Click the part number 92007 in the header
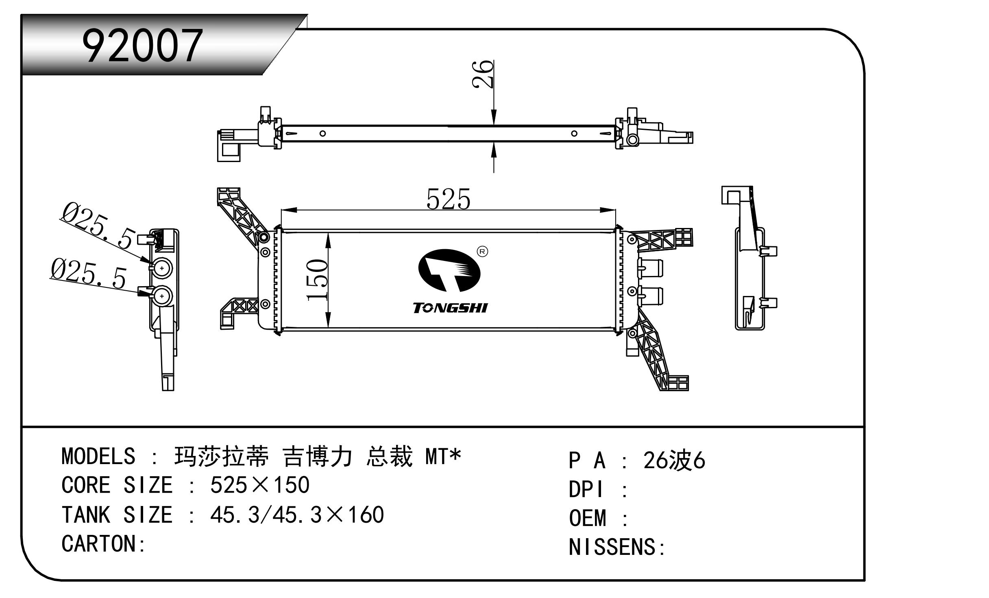(x=142, y=46)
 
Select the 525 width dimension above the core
(x=448, y=199)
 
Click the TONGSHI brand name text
(x=450, y=308)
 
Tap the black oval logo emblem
(x=449, y=270)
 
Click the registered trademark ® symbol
(x=482, y=252)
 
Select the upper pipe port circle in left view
(x=162, y=268)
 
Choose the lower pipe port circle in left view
(x=162, y=296)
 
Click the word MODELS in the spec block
(x=98, y=456)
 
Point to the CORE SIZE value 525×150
(x=260, y=485)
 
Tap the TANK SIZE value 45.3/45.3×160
(x=297, y=515)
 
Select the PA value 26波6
(x=674, y=461)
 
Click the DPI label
(x=586, y=489)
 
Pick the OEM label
(x=588, y=518)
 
